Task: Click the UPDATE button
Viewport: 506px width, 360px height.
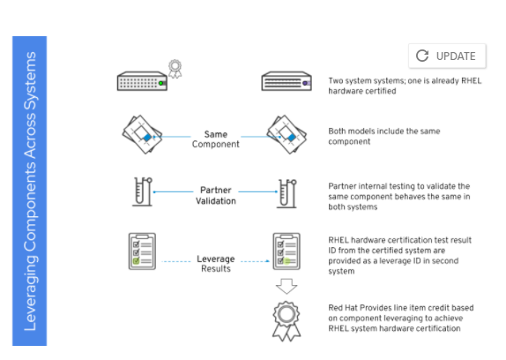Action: click(x=447, y=56)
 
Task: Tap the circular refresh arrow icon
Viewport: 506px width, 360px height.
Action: click(x=422, y=56)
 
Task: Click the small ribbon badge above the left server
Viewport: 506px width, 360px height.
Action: click(x=175, y=69)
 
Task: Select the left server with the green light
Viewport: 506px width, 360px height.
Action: click(x=142, y=81)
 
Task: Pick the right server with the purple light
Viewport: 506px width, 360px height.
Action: click(x=286, y=81)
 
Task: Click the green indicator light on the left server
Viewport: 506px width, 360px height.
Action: click(x=160, y=83)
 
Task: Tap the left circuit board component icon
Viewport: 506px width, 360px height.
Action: click(x=142, y=134)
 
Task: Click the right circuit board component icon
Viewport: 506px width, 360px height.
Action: click(x=286, y=134)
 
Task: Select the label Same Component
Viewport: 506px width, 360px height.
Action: click(x=216, y=139)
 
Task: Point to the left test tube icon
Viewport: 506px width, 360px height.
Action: click(x=142, y=191)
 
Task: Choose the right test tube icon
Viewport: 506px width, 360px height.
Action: click(x=286, y=193)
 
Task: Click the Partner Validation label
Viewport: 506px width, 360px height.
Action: click(x=216, y=195)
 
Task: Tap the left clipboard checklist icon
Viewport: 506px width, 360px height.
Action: click(x=142, y=251)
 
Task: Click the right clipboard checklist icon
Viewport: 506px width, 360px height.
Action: click(x=286, y=251)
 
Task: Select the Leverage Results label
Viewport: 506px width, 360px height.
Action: click(x=216, y=264)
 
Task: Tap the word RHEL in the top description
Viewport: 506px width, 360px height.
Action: click(x=471, y=80)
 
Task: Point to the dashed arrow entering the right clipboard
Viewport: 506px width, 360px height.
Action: click(x=255, y=261)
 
